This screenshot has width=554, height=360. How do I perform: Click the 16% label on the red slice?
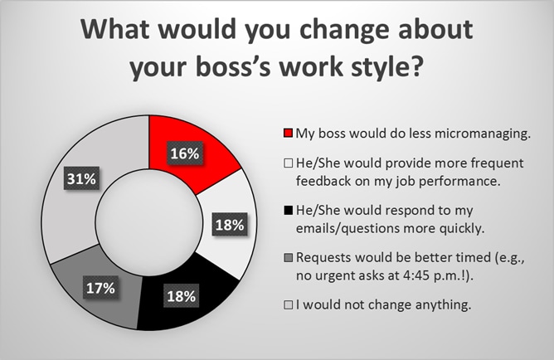point(185,153)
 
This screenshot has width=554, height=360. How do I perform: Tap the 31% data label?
point(81,179)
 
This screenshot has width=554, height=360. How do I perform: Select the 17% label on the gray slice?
point(100,288)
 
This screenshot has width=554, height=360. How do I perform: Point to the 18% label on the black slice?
point(182,296)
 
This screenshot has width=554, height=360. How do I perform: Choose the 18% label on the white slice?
point(230,224)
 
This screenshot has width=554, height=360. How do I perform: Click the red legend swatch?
point(289,134)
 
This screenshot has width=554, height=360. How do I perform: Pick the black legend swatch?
point(289,211)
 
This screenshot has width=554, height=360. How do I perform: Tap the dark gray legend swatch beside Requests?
point(289,258)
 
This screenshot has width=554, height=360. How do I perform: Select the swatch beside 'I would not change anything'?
point(289,305)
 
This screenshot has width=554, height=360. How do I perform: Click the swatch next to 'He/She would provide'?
point(289,163)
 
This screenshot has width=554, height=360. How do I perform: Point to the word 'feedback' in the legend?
point(323,181)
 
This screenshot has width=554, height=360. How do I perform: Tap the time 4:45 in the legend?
point(415,275)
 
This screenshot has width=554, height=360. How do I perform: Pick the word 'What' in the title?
point(114,29)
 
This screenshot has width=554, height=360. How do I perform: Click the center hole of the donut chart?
point(149,223)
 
